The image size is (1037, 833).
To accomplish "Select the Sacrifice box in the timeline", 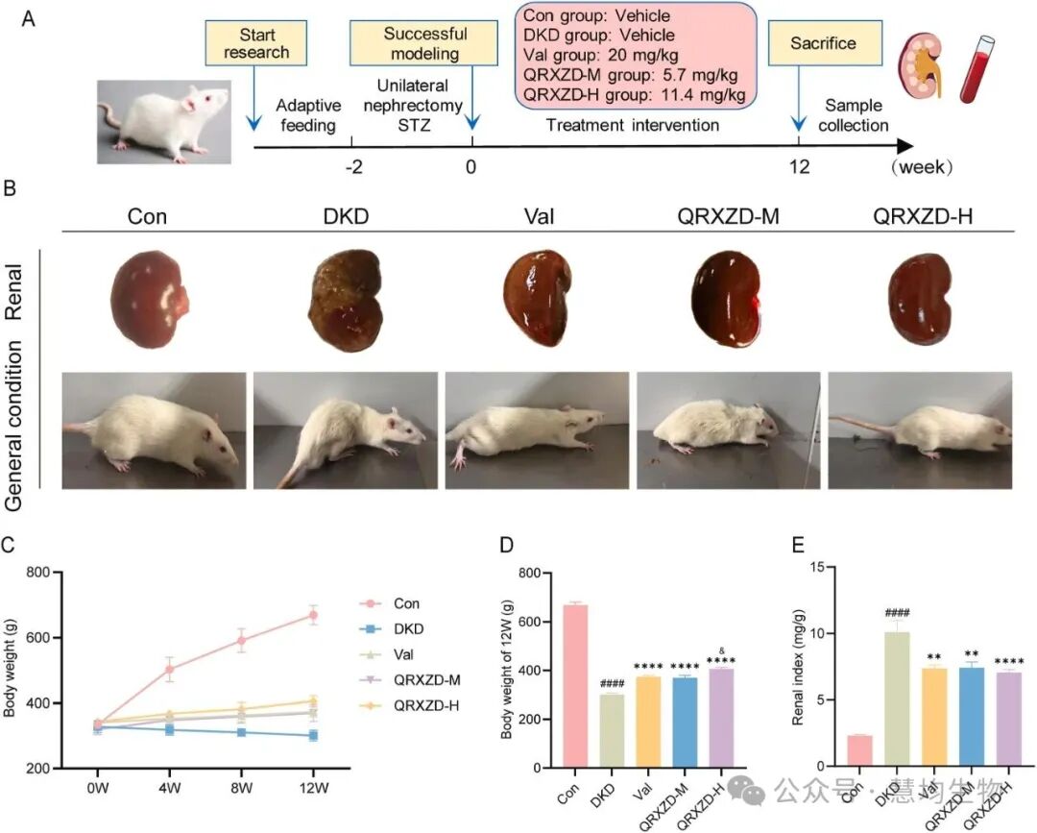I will pos(822,44).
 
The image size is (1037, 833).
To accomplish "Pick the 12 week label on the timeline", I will pos(799,166).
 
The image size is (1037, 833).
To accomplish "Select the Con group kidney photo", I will pos(148,299).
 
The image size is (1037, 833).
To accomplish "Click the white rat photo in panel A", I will pos(164,121).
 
